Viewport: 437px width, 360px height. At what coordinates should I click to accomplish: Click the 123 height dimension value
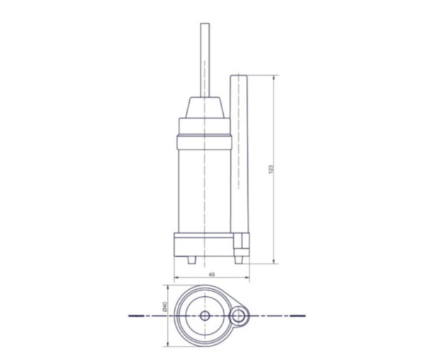(x=271, y=170)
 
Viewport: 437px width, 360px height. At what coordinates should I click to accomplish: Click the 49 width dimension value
(x=212, y=275)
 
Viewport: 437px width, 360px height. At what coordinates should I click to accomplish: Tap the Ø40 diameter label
(x=165, y=306)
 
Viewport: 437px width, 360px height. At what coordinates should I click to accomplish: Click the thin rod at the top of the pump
(x=205, y=60)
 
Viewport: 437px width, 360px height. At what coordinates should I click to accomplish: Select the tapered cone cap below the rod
(x=205, y=107)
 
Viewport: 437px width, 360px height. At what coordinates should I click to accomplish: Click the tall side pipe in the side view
(x=239, y=153)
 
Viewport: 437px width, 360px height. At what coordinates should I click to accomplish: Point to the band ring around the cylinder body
(x=204, y=142)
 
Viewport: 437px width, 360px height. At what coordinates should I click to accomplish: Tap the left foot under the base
(x=192, y=260)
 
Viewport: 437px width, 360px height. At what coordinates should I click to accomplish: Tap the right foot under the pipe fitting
(x=238, y=260)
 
